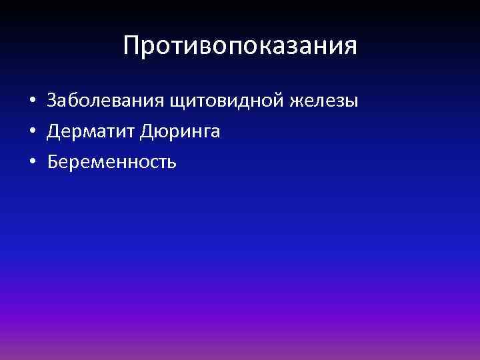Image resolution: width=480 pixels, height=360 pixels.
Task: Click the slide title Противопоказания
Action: click(240, 46)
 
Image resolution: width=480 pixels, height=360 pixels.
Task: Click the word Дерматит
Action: click(91, 131)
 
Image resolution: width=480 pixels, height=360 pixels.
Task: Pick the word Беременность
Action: click(112, 161)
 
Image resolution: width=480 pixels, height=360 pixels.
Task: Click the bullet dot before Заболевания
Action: click(31, 101)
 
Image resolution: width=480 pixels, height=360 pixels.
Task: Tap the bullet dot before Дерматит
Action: click(31, 131)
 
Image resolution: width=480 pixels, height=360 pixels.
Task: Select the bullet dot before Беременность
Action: click(31, 162)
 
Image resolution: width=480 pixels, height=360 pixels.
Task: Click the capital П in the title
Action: click(131, 46)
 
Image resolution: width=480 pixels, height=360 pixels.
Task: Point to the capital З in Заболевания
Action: click(52, 101)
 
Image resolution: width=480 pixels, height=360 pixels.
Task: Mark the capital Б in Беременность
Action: click(53, 161)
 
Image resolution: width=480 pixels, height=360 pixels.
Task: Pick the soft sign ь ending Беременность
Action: click(172, 162)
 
